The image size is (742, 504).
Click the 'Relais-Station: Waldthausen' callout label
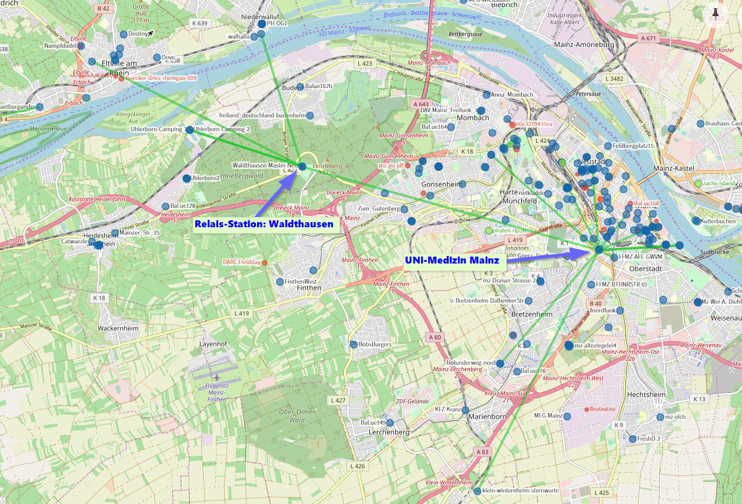coord(264,224)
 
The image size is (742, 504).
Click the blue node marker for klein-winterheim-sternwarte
coord(477,491)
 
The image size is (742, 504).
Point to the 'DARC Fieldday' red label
coord(242,262)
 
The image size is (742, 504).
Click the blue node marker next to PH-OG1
coord(262,24)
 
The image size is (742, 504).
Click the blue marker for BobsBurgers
coord(354,344)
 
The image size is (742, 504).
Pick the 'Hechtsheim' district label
coord(645,395)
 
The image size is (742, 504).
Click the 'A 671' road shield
coord(648,38)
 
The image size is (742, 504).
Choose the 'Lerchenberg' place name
coord(389,432)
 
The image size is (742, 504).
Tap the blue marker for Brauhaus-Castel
coord(701,124)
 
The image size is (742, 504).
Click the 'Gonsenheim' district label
coord(442,184)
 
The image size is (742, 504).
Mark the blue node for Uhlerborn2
coord(186,178)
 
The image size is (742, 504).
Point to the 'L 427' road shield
coord(338,400)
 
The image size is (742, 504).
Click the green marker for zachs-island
coord(698,184)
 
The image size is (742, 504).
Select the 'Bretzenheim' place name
coord(531,314)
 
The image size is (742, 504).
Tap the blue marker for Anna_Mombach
coord(487,95)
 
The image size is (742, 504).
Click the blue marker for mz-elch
coord(660,417)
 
